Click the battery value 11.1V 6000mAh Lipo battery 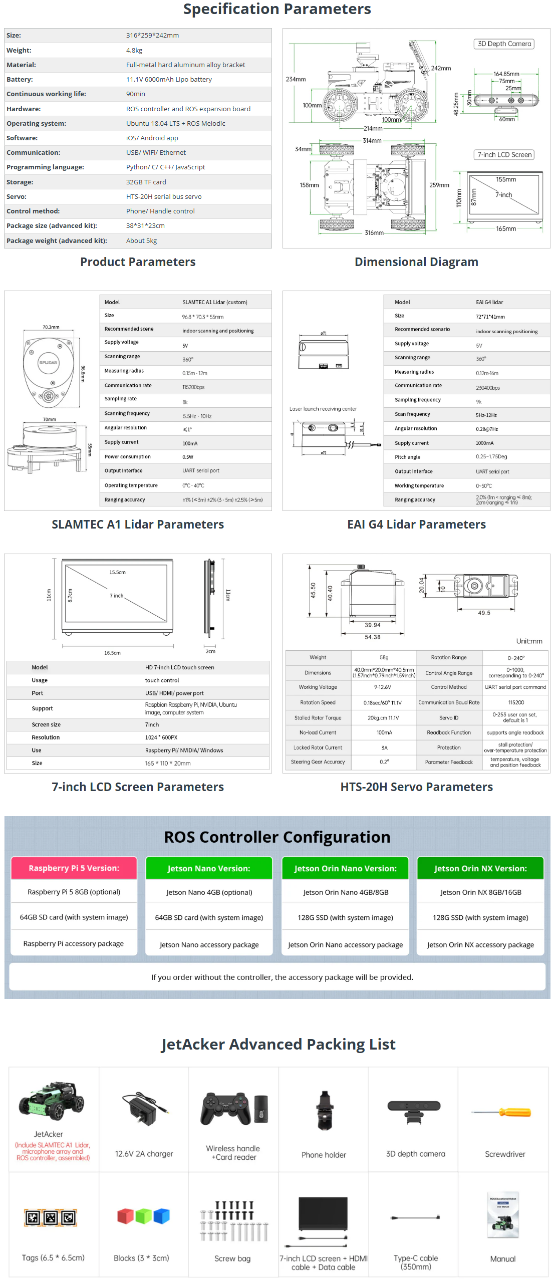click(x=169, y=79)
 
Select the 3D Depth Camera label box click(x=504, y=44)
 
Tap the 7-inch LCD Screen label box click(x=504, y=155)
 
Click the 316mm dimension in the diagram click(x=374, y=233)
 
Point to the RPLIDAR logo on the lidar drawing click(x=48, y=362)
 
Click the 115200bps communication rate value click(x=193, y=387)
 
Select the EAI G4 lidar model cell click(x=489, y=302)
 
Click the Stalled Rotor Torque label click(x=318, y=718)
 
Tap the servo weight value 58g click(x=384, y=657)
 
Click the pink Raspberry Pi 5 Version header click(x=74, y=868)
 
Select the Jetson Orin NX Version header click(x=480, y=869)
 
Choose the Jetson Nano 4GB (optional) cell click(x=209, y=892)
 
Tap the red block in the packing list click(x=125, y=1216)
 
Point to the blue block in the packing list click(x=161, y=1216)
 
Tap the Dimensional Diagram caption click(x=416, y=262)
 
